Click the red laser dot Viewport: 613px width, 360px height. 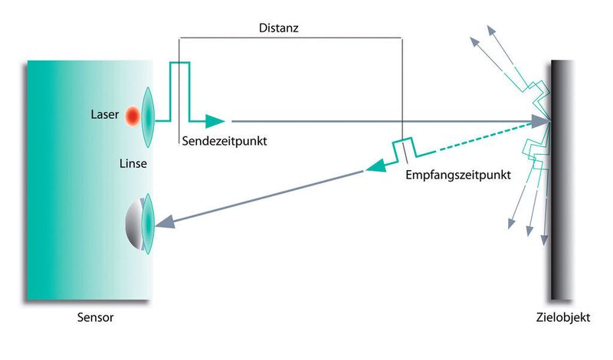(x=132, y=116)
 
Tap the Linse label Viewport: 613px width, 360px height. (x=133, y=163)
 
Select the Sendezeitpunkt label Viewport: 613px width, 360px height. (x=228, y=142)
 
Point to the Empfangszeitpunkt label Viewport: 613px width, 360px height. (x=458, y=175)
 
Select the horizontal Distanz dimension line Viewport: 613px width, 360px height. (x=291, y=37)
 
